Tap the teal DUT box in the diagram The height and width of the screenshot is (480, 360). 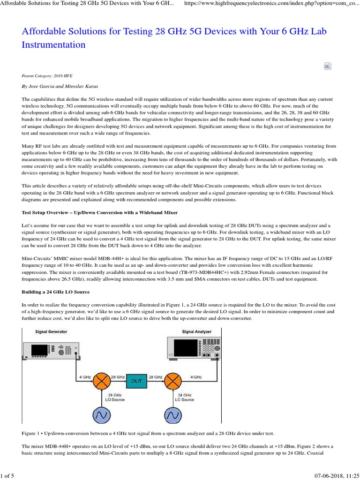click(x=140, y=381)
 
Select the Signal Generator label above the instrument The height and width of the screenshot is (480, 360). click(x=51, y=331)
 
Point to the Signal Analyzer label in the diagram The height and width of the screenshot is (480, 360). click(x=196, y=331)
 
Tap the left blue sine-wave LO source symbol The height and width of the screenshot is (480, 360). click(x=102, y=415)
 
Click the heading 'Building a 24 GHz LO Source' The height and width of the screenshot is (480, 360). click(x=56, y=292)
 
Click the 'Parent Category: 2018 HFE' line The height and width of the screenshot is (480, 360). click(x=47, y=75)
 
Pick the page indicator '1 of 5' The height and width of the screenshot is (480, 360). click(x=7, y=476)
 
